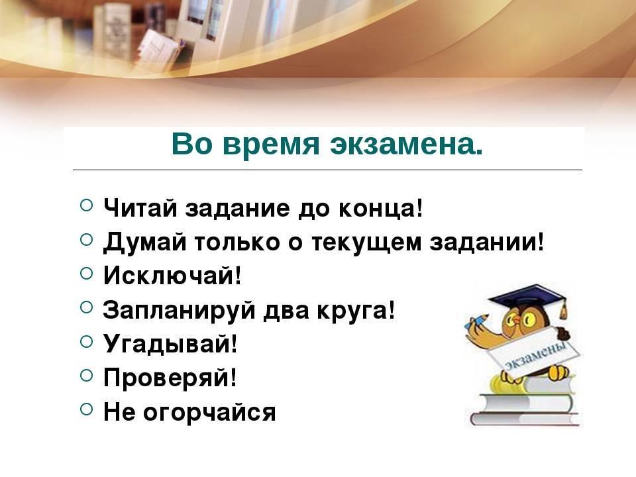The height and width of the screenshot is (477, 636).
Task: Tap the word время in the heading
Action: coord(271,145)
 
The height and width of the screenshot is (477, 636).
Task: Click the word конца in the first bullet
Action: coord(380,209)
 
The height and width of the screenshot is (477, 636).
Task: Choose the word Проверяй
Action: coord(170,378)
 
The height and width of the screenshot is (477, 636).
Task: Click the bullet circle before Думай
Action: coord(86,240)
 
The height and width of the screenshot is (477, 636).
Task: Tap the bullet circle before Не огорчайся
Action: coord(86,409)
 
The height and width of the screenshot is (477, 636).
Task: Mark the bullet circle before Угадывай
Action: coord(86,342)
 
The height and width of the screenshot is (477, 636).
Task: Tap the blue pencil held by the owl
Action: coord(478,321)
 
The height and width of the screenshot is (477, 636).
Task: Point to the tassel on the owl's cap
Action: coord(563,310)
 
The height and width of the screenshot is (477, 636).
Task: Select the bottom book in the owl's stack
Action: coord(525,419)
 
